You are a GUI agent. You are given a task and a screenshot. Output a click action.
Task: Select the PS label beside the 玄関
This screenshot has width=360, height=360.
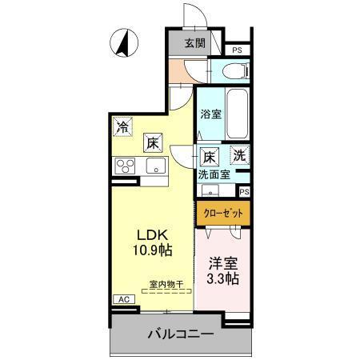[x=237, y=50]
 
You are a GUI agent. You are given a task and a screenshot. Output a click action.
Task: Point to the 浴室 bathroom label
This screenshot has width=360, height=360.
[x=210, y=114]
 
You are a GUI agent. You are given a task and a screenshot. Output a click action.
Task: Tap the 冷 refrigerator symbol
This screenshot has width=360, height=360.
[x=122, y=126]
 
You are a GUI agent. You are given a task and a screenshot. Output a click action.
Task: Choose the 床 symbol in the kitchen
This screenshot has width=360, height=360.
[x=152, y=143]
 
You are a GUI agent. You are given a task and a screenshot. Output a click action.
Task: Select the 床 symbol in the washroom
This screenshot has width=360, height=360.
[x=209, y=157]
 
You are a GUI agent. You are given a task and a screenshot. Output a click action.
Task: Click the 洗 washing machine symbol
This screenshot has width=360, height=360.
[x=239, y=154]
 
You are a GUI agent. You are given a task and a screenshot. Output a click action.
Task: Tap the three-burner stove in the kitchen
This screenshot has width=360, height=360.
[x=126, y=166]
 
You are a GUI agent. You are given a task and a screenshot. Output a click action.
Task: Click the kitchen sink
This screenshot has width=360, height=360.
[x=154, y=166]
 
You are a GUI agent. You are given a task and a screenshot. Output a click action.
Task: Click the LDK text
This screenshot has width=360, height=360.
[x=150, y=235]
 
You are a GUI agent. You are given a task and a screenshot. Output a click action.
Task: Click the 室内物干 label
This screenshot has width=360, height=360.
[x=166, y=284]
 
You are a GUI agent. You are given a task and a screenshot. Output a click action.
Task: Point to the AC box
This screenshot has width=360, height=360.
[x=123, y=299]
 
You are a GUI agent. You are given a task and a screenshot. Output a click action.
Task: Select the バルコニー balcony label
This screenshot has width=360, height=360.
[x=179, y=334]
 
